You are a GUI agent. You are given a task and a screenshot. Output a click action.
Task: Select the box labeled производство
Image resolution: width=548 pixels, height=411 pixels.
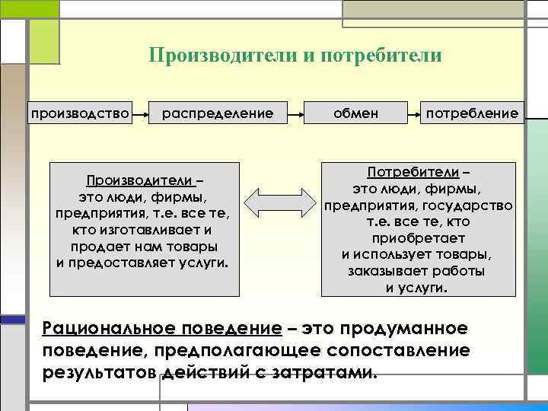pos(79,114)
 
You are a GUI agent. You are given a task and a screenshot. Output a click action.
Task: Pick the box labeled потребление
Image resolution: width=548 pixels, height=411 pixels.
pos(472,114)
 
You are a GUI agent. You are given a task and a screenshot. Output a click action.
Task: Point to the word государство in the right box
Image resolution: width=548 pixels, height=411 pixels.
pos(471,205)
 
